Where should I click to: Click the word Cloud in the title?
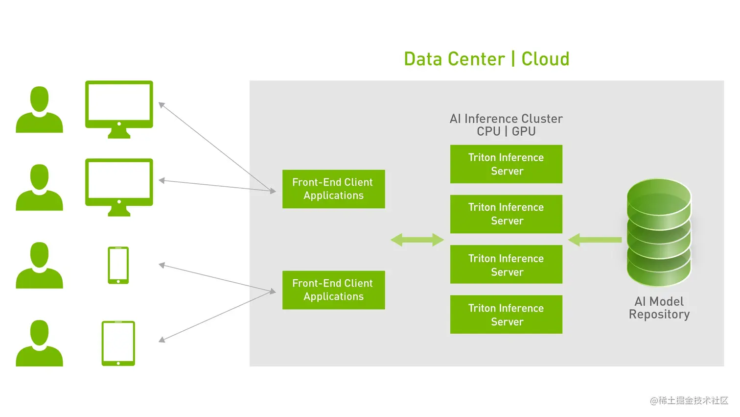[545, 59]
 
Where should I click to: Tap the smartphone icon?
[118, 265]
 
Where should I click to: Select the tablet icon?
[118, 343]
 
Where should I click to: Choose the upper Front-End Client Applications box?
[333, 189]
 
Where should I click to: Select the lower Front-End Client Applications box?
[333, 290]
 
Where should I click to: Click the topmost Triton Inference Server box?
[506, 164]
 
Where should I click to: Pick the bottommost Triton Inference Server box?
[506, 315]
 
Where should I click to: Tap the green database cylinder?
[659, 233]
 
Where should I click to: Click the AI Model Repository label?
[659, 308]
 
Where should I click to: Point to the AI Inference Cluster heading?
[506, 119]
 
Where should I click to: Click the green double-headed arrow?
[417, 240]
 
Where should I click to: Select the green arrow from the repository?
[595, 240]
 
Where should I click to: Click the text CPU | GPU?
[506, 131]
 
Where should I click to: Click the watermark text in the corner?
[689, 400]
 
